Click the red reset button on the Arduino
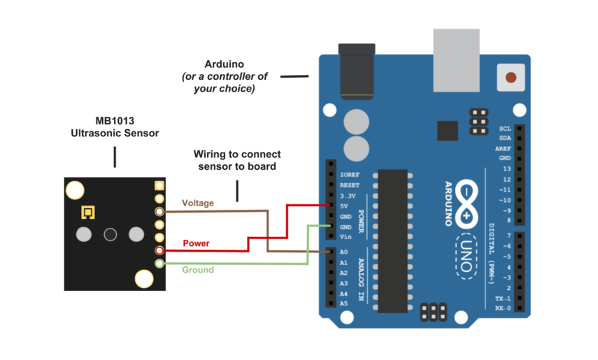tap(511, 77)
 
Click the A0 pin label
tap(343, 252)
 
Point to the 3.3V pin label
tap(347, 196)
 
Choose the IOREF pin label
tap(349, 175)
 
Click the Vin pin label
tap(345, 238)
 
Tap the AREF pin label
tap(503, 149)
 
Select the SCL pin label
tap(505, 129)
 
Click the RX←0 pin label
tap(502, 308)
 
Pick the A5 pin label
tap(343, 304)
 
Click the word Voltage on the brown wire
tap(198, 203)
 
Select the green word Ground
tap(198, 270)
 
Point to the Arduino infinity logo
tap(467, 203)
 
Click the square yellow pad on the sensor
tap(87, 212)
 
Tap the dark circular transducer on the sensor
tap(110, 234)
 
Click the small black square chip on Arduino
tap(447, 131)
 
